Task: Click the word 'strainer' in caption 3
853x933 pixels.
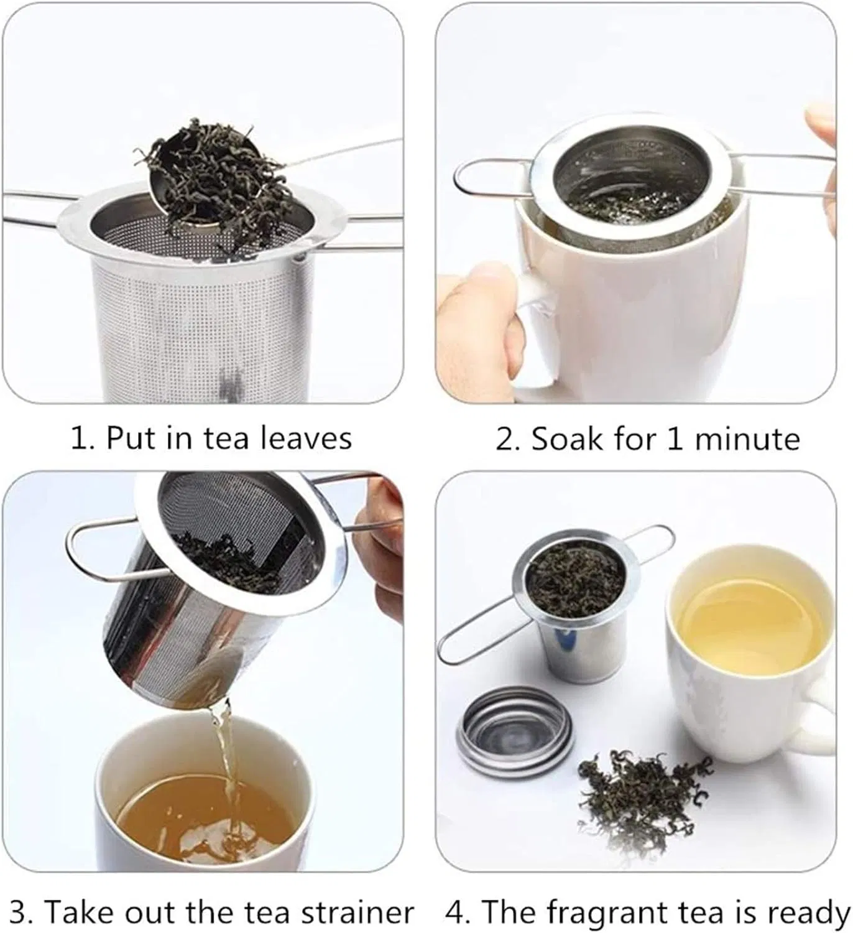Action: pyautogui.click(x=357, y=912)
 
